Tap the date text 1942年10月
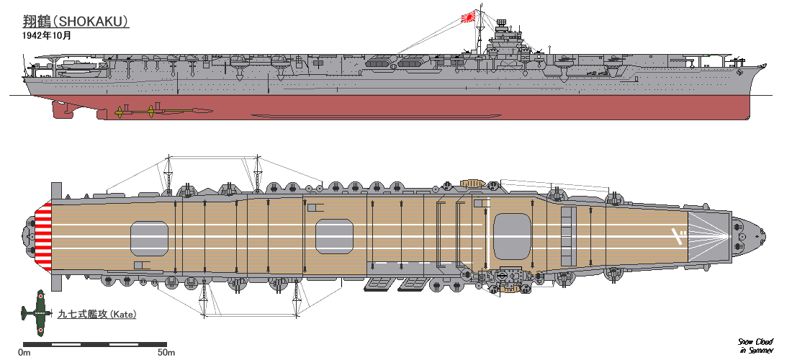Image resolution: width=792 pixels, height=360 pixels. (47, 35)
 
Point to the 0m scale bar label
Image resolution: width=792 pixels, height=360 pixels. (24, 353)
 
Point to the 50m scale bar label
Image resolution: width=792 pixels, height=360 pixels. (166, 353)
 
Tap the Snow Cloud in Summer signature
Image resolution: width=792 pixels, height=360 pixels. (755, 346)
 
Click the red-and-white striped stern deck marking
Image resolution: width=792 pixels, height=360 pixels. (45, 236)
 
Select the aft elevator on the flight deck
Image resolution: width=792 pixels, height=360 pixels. (149, 238)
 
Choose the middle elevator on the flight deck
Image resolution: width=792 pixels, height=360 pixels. (335, 238)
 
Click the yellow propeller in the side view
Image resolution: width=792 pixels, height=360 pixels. (151, 111)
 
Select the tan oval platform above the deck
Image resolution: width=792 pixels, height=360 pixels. (472, 182)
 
